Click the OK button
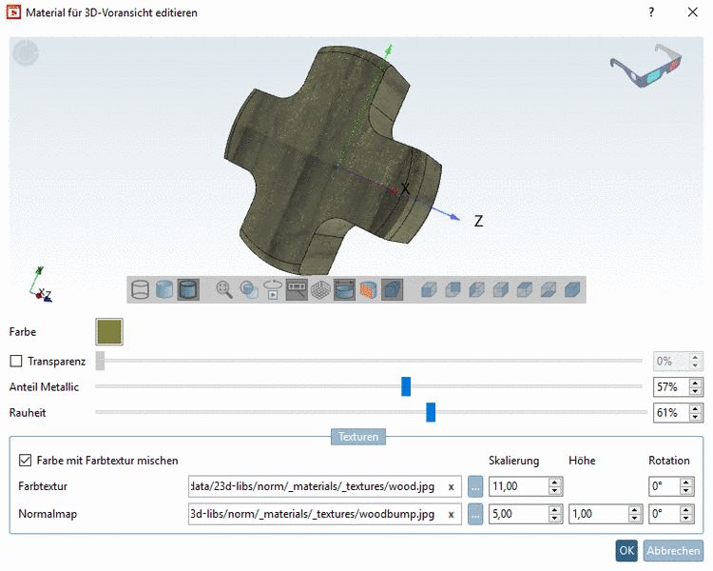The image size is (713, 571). coord(626,550)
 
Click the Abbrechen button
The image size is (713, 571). coord(674,550)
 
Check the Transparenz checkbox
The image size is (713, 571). coord(16,362)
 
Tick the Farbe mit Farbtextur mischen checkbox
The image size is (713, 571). coord(26,461)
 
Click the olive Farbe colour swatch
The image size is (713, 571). coord(109,332)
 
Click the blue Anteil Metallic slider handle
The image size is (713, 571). coord(406,386)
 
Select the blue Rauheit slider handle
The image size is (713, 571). coord(431,412)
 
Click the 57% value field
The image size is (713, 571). coord(670,387)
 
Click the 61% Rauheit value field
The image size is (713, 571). coord(670,413)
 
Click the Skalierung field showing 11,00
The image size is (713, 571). coord(518,486)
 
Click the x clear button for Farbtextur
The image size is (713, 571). coord(451,486)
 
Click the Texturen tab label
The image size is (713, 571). coord(357,437)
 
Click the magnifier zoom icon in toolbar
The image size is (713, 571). coord(224,288)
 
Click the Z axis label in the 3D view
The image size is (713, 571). coord(478,221)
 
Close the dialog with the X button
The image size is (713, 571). coord(691,12)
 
